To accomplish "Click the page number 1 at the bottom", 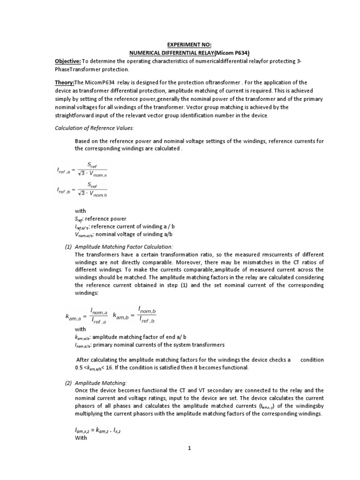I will (x=190, y=448).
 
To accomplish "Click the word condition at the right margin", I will (x=312, y=360).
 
